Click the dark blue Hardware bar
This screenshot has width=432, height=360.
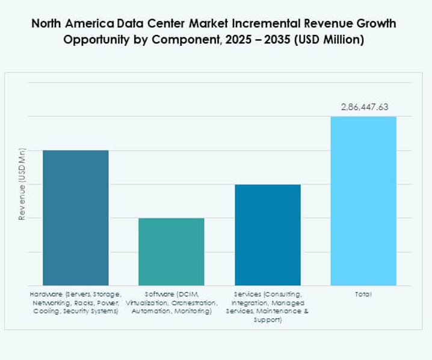(75, 217)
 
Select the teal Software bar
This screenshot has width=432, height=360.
(171, 252)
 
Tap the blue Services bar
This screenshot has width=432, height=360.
(268, 235)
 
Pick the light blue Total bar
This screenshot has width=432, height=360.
(363, 200)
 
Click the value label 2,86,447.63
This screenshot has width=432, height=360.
(364, 107)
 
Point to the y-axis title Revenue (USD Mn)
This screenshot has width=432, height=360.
(22, 184)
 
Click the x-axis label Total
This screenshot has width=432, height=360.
(363, 294)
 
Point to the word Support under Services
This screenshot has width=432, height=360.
(268, 320)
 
